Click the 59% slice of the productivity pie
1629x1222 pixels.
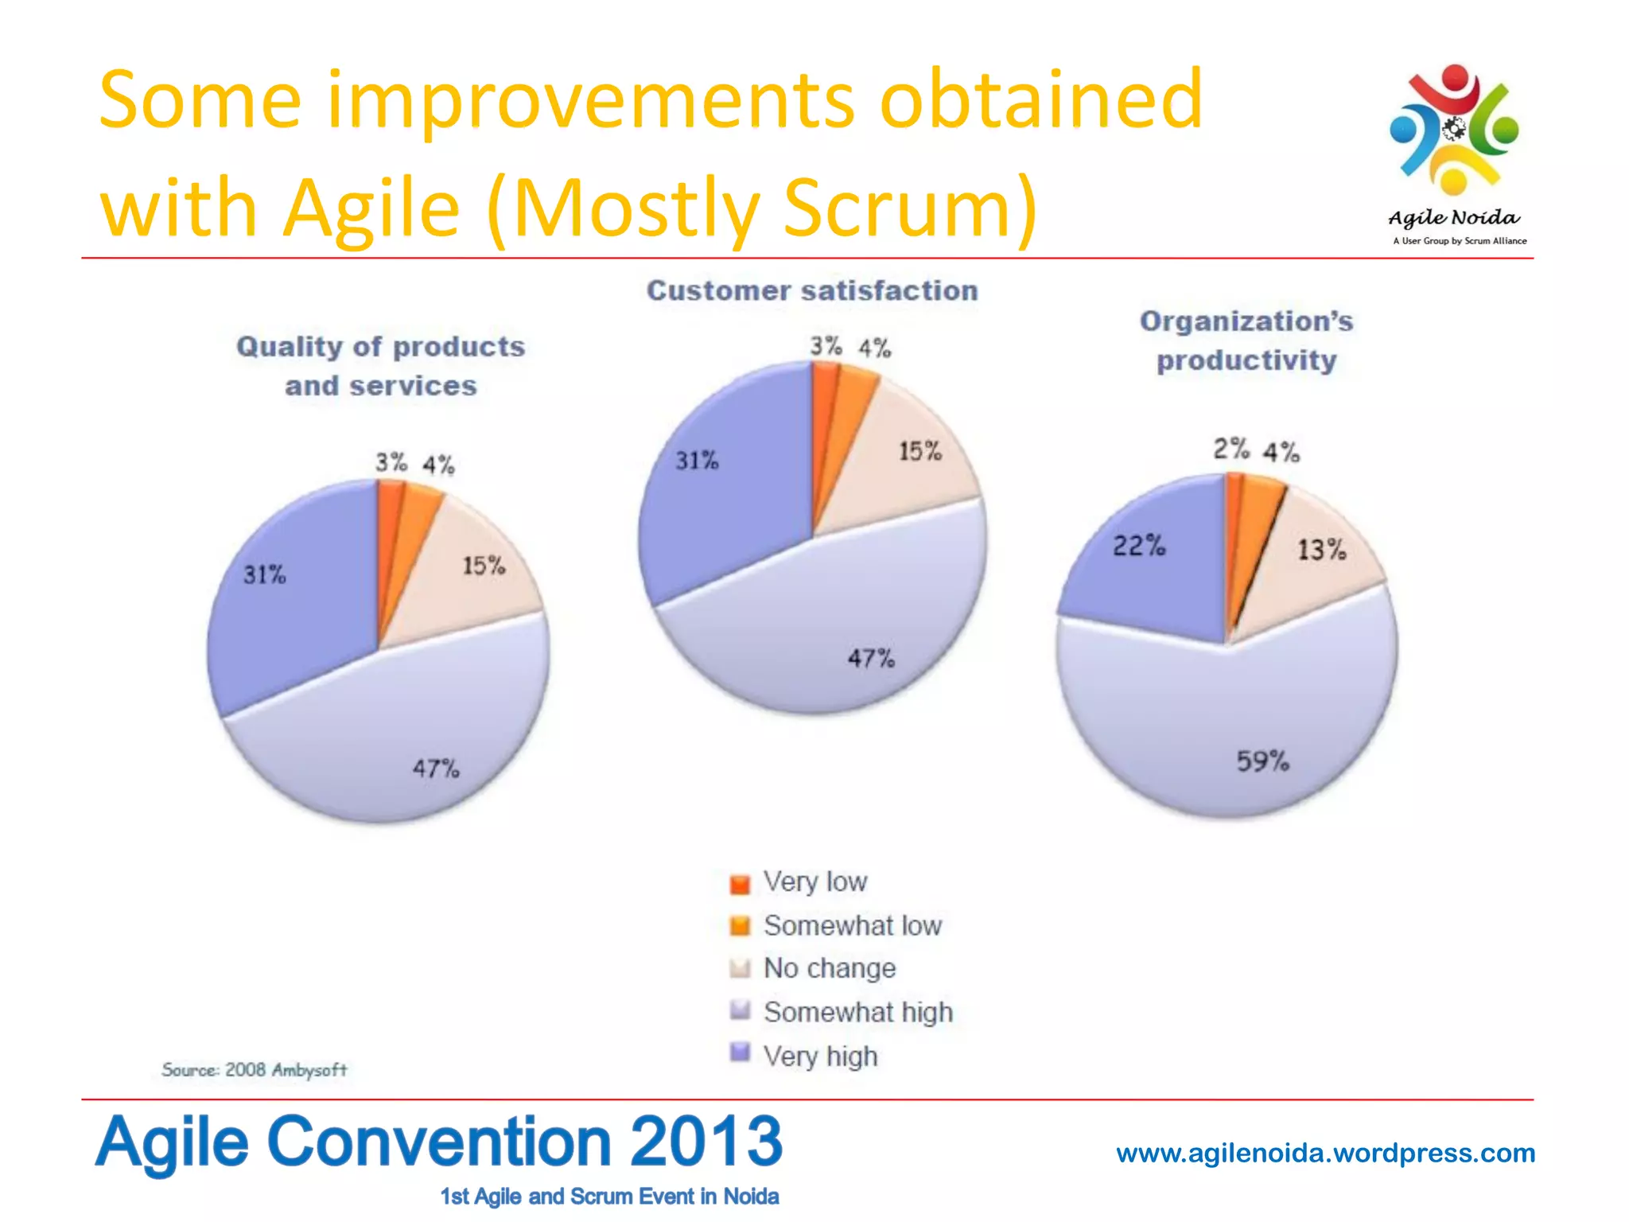tap(1241, 716)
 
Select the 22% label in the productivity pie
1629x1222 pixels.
tap(1138, 547)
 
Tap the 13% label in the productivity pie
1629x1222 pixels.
tap(1321, 550)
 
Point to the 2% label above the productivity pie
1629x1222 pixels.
tap(1230, 449)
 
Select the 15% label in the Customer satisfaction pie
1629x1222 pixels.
tap(920, 452)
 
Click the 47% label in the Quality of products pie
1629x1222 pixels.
tap(435, 769)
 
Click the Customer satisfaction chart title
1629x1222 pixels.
tap(812, 291)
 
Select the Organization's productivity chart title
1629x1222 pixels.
tap(1246, 341)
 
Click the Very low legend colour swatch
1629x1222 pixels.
tap(740, 884)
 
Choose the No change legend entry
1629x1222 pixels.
tap(829, 968)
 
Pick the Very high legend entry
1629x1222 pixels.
tap(820, 1057)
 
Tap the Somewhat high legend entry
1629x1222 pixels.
tap(857, 1012)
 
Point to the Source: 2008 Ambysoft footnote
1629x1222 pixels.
tap(255, 1070)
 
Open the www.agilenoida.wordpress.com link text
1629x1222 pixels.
tap(1325, 1153)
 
